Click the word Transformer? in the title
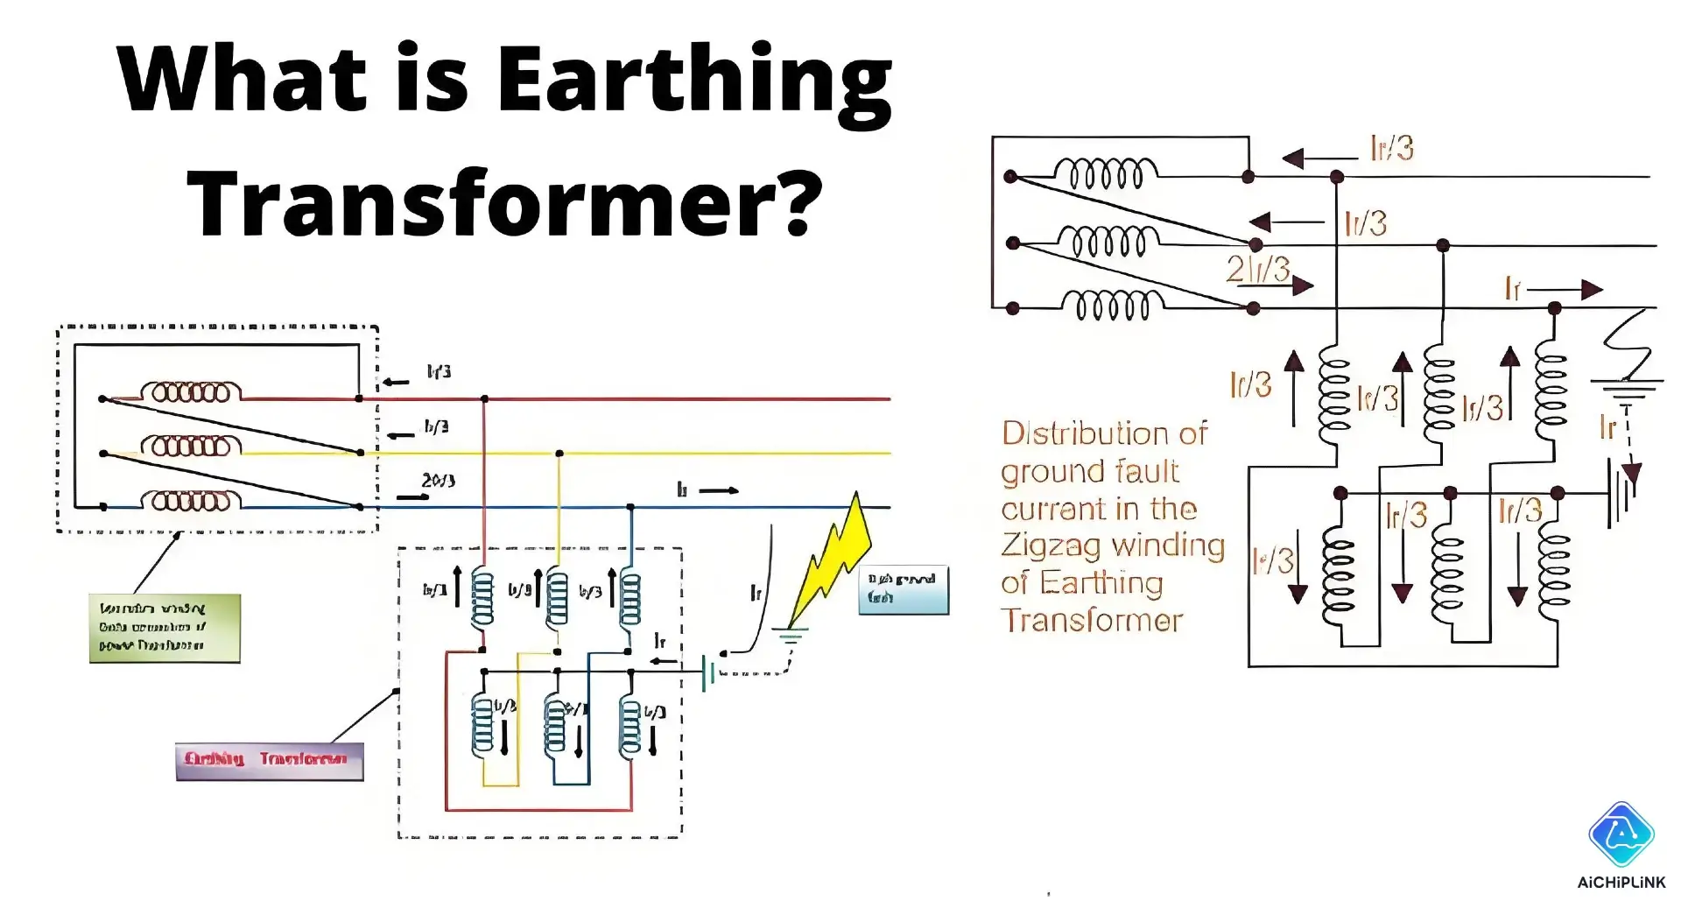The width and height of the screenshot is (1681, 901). click(505, 203)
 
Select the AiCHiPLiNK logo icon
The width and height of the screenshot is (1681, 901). click(1621, 834)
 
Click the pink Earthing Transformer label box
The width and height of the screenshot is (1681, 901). click(269, 760)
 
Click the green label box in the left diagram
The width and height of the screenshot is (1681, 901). click(165, 628)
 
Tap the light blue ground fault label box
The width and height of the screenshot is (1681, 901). click(903, 589)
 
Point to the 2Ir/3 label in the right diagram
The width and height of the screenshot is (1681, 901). click(1257, 269)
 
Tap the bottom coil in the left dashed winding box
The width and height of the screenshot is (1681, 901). click(192, 500)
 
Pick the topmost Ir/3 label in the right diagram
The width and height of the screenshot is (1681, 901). click(1392, 148)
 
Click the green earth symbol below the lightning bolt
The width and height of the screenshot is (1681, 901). click(790, 637)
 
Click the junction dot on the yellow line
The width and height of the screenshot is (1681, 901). click(559, 454)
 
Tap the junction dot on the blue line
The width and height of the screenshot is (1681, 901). click(630, 507)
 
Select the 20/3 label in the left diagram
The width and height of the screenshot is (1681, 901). click(439, 481)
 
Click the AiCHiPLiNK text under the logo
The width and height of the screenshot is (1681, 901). click(1621, 883)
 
